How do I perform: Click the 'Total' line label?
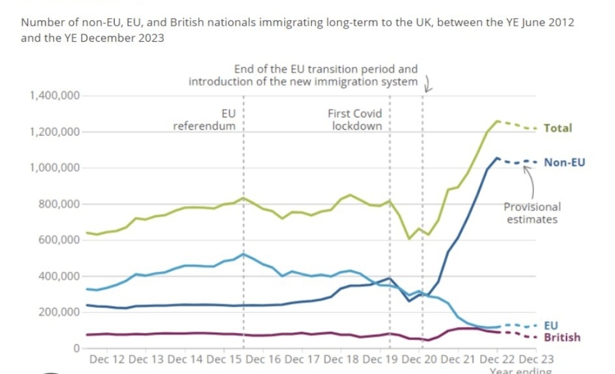point(558,128)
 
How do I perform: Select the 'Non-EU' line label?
point(565,162)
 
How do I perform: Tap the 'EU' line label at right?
point(551,325)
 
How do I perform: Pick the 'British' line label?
point(562,337)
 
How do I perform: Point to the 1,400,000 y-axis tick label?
point(54,95)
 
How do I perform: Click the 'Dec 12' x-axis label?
point(107,360)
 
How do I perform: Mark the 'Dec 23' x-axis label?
point(536,360)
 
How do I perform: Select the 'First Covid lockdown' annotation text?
point(355,119)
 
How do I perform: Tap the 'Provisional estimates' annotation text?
point(532,213)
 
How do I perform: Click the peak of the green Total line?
point(497,121)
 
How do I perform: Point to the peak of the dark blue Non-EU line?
point(497,158)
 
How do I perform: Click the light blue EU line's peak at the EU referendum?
point(244,254)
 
